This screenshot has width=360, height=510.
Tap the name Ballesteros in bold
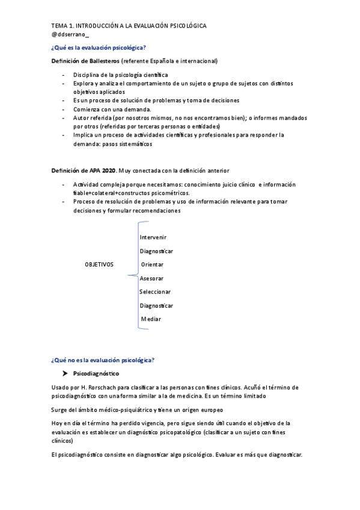101,61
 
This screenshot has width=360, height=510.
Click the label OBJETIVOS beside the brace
99,265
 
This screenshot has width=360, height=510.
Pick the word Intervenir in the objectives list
153,238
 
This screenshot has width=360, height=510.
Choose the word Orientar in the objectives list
152,265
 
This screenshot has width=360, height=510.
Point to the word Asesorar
151,278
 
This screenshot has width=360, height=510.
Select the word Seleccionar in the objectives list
155,292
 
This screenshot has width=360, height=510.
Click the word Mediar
151,319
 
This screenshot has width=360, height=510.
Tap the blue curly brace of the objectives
133,275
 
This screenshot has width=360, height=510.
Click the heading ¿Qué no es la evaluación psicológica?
103,360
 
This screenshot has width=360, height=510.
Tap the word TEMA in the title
59,26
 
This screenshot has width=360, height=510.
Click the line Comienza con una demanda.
112,109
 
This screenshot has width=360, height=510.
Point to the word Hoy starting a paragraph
57,423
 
